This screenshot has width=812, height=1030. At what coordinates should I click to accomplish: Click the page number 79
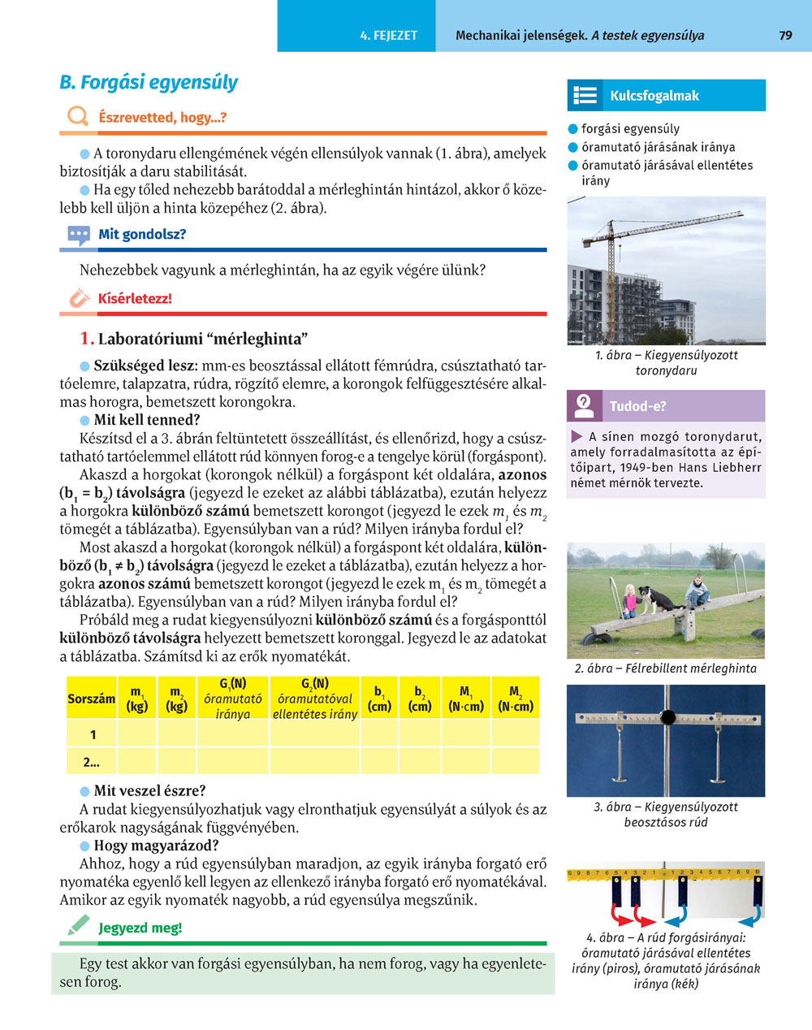785,36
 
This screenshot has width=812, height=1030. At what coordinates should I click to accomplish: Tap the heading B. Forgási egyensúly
149,83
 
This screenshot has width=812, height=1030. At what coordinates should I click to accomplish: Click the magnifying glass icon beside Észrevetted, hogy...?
78,117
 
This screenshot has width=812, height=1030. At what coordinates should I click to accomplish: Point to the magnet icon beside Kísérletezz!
78,299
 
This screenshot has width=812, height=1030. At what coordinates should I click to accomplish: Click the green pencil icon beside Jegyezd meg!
78,926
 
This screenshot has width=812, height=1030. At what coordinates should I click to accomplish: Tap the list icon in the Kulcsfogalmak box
585,96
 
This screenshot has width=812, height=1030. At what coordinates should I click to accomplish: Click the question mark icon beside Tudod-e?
584,405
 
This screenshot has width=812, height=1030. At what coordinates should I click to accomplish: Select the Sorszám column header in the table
91,699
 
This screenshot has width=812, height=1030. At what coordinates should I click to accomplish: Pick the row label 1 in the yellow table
93,735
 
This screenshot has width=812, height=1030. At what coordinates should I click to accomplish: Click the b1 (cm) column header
379,699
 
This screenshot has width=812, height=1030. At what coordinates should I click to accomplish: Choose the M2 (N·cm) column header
515,699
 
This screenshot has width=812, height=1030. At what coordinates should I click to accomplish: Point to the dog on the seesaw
659,600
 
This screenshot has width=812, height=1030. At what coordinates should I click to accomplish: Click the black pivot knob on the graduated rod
667,717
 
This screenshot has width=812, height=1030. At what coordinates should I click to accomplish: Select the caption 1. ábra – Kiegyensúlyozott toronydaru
666,363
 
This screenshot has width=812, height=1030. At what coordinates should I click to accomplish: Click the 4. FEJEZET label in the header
389,36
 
